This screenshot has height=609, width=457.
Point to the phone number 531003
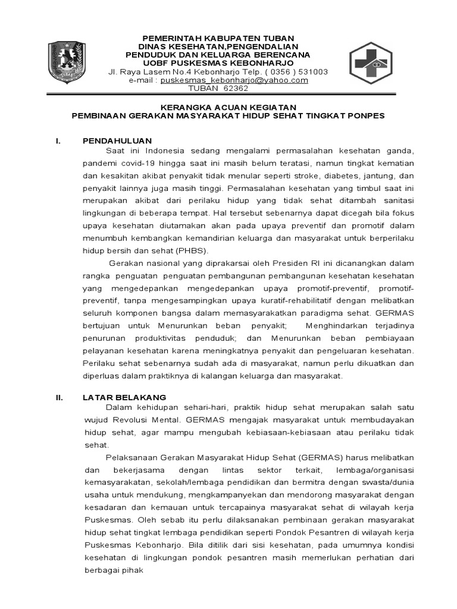[313, 72]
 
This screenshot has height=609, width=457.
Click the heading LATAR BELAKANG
[125, 397]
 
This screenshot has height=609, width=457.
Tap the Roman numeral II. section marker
[60, 397]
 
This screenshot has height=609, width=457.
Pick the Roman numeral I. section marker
[58, 141]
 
